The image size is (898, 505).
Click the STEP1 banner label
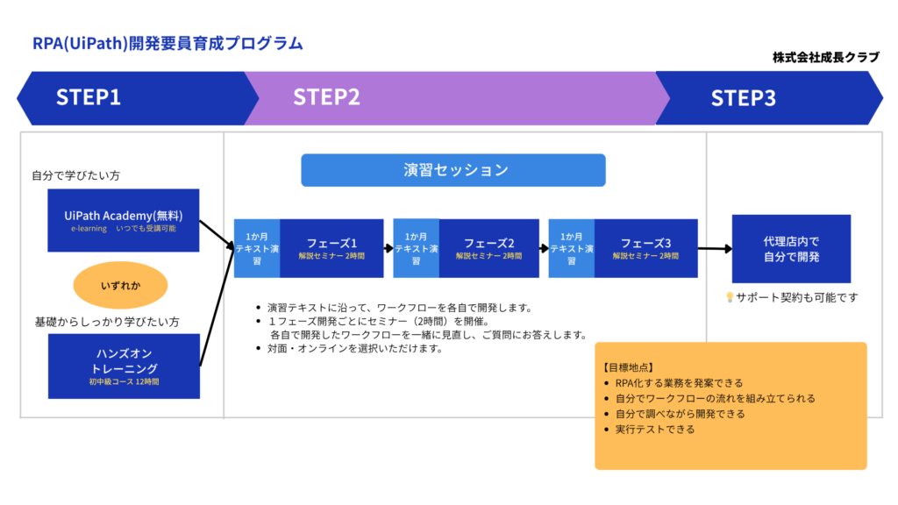[x=89, y=97]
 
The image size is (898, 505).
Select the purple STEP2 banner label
[x=327, y=97]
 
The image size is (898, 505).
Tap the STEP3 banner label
[x=743, y=97]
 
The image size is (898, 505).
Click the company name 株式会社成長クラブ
[x=825, y=57]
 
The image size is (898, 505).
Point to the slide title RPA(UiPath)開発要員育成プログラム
[x=167, y=42]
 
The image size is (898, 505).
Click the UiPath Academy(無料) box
[x=124, y=220]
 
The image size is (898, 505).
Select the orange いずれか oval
[x=120, y=286]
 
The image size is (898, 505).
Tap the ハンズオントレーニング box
[x=124, y=364]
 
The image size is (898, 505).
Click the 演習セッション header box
[x=453, y=170]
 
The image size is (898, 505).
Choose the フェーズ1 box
[x=331, y=248]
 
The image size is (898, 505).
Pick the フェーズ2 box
[x=488, y=248]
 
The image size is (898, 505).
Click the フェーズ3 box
[x=645, y=248]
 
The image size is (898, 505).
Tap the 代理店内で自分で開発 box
[x=779, y=249]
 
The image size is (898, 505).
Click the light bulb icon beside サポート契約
[x=730, y=298]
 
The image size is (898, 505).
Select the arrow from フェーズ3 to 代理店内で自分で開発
[x=715, y=249]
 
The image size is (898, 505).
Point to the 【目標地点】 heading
[x=629, y=367]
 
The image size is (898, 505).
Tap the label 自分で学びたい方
[x=76, y=175]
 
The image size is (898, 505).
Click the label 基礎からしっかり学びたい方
[x=106, y=322]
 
